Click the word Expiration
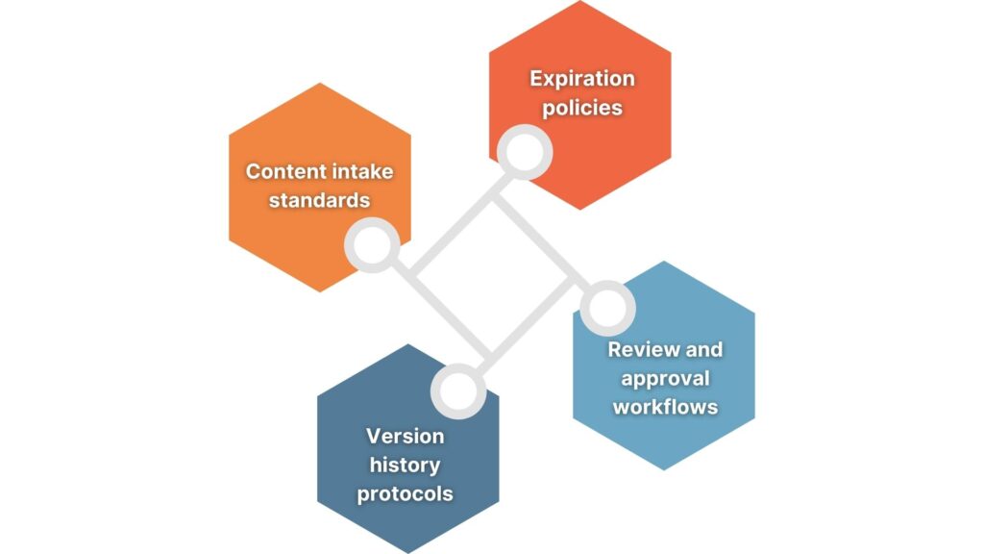[x=582, y=78]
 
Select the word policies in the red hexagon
[x=582, y=107]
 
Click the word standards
[x=319, y=200]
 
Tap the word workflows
[x=665, y=406]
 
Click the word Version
[x=406, y=436]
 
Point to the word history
[x=406, y=465]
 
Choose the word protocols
[x=406, y=494]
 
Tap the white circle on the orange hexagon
[x=372, y=245]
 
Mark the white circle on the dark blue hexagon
[x=457, y=390]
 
